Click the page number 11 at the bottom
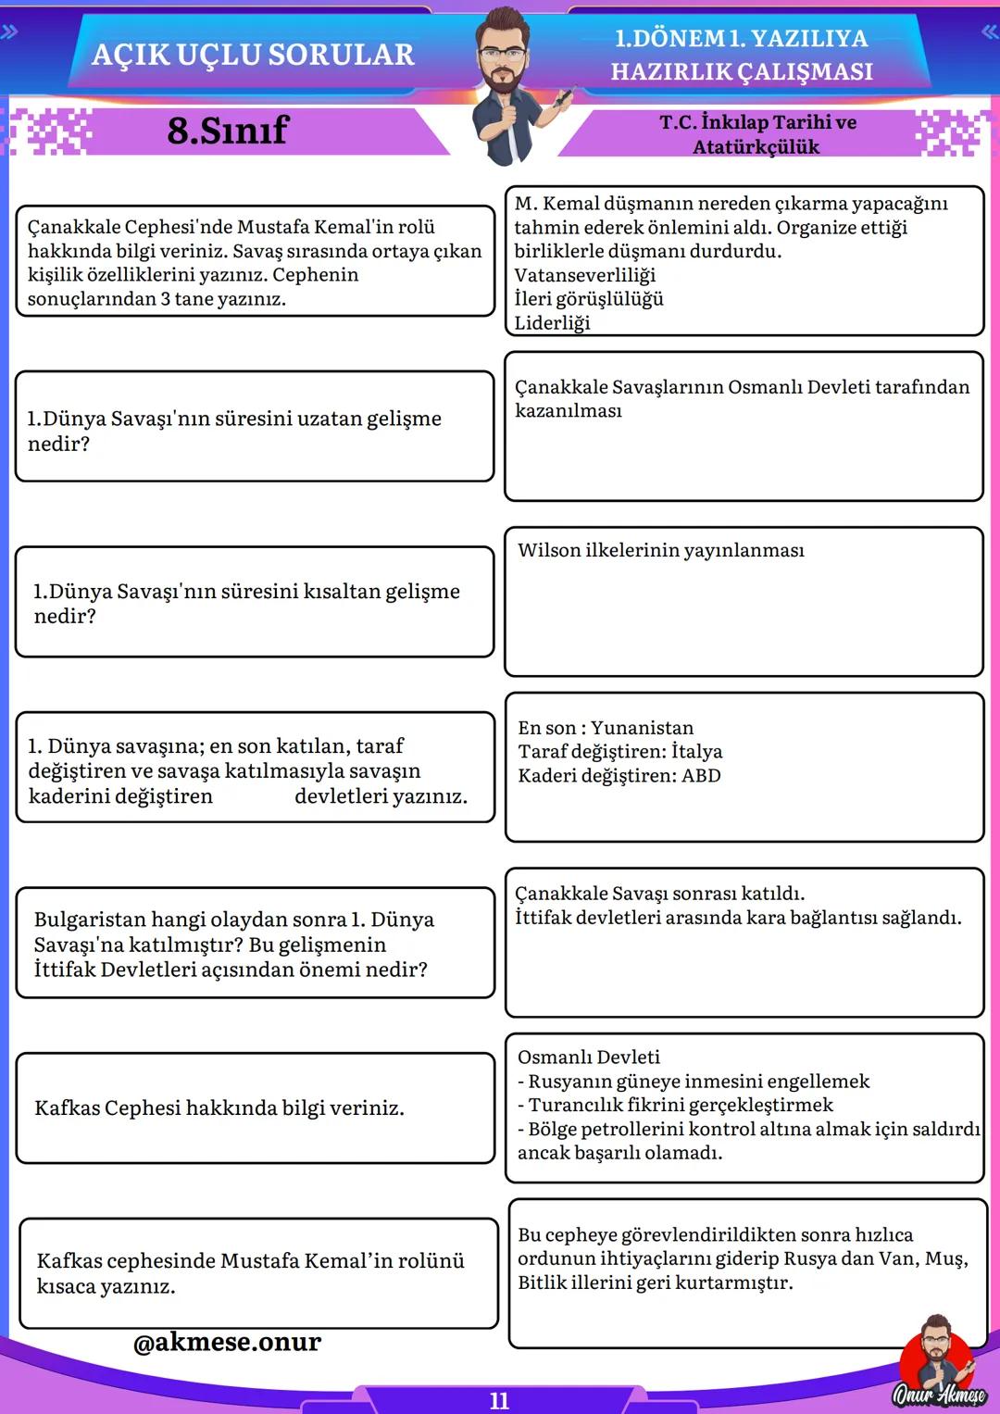499,1400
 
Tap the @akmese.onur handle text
227,1342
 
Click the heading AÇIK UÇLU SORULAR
253,55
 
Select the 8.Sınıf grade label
228,131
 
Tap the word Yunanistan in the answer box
642,728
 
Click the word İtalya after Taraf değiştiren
695,752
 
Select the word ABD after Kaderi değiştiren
701,776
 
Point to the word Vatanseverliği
584,275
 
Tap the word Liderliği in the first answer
552,323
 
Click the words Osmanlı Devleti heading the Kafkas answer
589,1057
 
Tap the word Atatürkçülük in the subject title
756,147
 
